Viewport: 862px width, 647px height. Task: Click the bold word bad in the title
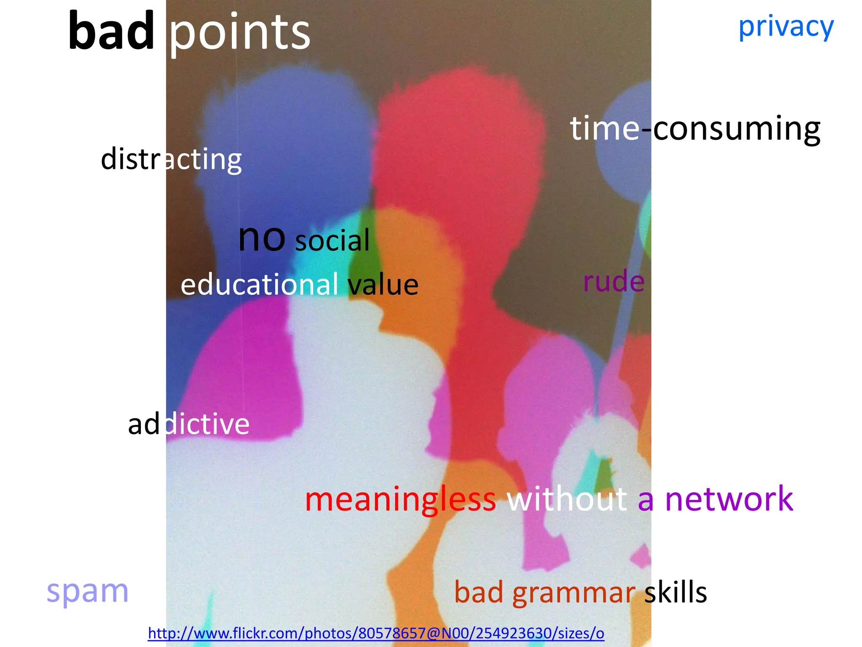(x=111, y=32)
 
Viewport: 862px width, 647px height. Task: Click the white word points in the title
(x=239, y=33)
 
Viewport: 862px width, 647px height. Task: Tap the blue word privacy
(x=786, y=27)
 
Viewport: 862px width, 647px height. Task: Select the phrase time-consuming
(x=695, y=128)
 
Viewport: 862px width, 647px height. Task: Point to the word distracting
(x=171, y=159)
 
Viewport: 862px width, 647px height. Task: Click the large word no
(x=262, y=238)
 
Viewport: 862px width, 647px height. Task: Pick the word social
(x=332, y=241)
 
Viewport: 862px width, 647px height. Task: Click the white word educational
(x=259, y=285)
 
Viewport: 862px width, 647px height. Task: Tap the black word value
(x=383, y=285)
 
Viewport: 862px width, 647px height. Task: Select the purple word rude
(x=614, y=281)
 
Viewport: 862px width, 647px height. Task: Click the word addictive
(x=189, y=424)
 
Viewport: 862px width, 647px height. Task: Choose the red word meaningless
(x=400, y=499)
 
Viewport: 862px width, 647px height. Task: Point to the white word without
(x=567, y=499)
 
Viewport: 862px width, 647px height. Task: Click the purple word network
(x=729, y=499)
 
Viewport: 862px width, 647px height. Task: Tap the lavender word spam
(x=88, y=591)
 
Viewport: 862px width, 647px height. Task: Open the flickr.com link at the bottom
(x=376, y=633)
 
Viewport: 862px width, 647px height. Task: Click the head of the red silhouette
(x=459, y=126)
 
